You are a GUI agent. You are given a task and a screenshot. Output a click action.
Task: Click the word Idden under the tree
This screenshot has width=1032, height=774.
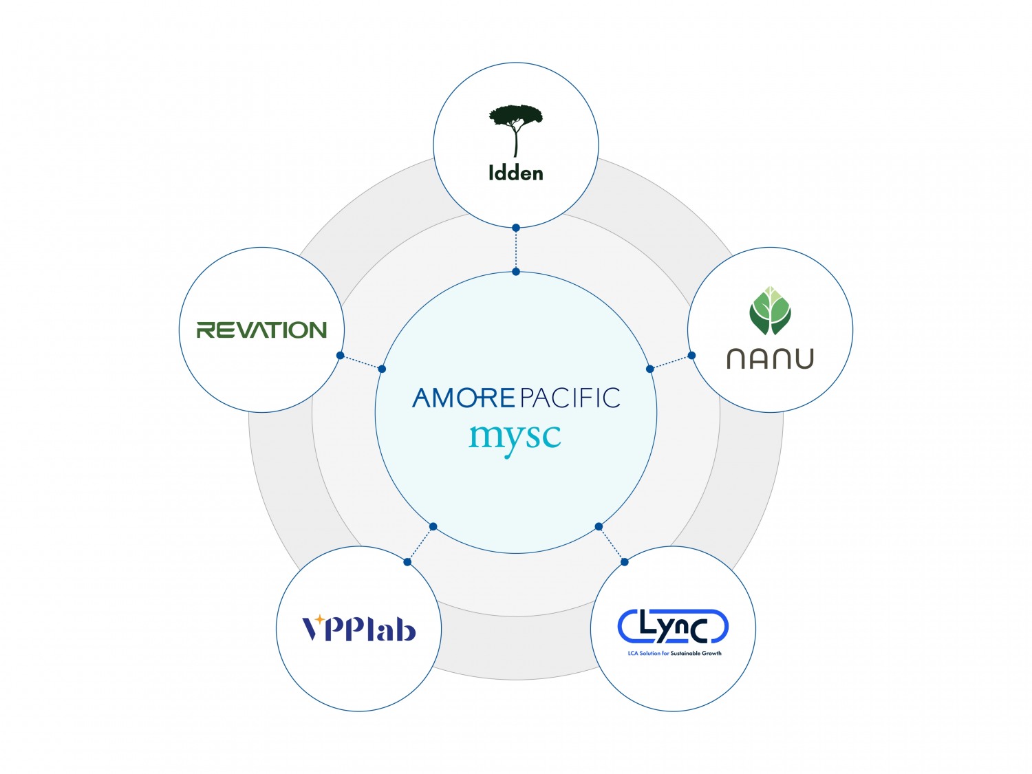click(515, 173)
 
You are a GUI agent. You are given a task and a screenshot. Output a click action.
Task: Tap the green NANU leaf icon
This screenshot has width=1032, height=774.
click(770, 310)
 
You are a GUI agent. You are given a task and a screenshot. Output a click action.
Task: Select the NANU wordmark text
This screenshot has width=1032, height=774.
click(770, 358)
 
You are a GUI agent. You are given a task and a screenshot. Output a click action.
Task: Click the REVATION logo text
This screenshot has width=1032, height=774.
click(261, 330)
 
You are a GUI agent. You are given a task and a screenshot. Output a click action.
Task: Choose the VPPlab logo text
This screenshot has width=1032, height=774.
click(359, 629)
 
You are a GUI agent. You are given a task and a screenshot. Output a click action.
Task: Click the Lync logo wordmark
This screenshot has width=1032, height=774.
click(673, 625)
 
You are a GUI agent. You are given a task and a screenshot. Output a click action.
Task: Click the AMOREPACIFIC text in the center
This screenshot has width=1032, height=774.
click(516, 398)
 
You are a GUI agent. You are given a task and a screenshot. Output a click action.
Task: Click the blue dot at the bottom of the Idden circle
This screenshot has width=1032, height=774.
click(515, 227)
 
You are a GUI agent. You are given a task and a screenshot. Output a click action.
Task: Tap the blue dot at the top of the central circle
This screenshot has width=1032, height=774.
click(516, 272)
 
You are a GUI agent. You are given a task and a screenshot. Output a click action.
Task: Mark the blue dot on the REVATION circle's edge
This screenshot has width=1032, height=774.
click(340, 356)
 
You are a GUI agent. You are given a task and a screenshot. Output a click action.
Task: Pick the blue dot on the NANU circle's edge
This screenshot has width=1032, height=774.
click(691, 356)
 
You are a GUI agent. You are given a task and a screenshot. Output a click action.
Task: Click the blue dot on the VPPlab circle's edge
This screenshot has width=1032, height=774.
click(407, 562)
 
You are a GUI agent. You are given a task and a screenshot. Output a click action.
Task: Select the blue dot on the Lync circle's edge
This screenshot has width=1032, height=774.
click(624, 562)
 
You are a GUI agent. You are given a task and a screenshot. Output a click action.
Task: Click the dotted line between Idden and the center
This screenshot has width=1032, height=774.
click(515, 250)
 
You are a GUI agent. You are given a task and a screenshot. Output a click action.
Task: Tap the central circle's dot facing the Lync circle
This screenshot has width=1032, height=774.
click(599, 526)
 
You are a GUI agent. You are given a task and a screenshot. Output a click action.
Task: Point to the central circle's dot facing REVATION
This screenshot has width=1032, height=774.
click(382, 369)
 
